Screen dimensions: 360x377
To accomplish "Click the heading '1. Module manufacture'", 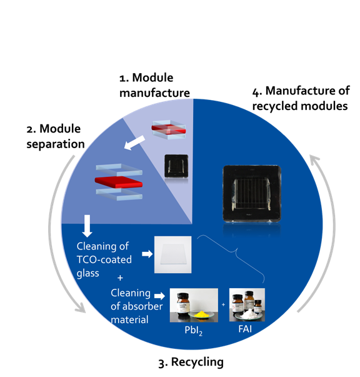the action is coord(154,85).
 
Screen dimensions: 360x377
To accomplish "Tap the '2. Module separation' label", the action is coord(56,136).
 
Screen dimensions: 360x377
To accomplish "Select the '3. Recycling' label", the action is coord(191,363).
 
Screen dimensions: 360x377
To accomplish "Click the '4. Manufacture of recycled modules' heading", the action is coord(301,98).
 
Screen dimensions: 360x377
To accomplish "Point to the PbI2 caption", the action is coord(194,331).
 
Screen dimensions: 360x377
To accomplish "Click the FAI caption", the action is coord(245,329).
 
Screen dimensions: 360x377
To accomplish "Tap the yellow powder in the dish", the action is coord(201,314).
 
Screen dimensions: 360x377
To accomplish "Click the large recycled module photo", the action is coord(252,194).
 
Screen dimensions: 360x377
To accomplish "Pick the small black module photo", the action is coord(176,166).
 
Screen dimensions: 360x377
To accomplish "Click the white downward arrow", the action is coord(87,226).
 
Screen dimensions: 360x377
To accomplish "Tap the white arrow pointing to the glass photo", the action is coord(147,254).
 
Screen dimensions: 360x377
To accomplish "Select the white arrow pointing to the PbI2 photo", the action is coord(159,296).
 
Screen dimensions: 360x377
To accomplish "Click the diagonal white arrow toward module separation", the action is coord(134,143).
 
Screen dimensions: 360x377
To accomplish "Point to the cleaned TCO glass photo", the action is coord(172,254).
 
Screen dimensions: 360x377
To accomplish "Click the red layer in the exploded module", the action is coord(119,182).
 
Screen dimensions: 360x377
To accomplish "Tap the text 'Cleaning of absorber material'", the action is coord(136,306).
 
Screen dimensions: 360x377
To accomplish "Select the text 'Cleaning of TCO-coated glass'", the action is coord(104,259).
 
